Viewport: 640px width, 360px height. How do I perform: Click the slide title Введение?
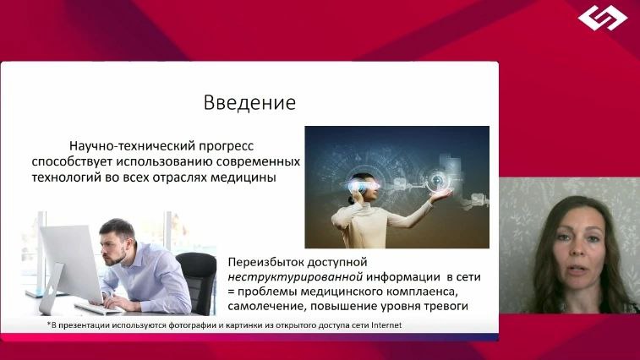(x=249, y=102)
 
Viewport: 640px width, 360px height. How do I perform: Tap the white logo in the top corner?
(x=603, y=18)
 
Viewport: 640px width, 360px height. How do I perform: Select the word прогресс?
(x=227, y=147)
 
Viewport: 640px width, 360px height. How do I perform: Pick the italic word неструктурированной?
(x=295, y=277)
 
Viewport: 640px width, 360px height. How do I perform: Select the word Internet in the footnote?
(x=386, y=325)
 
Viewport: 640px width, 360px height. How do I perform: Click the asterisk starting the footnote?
(x=49, y=324)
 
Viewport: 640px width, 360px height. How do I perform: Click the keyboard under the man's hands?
(x=96, y=308)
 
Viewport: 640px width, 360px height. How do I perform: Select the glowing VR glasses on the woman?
(x=364, y=186)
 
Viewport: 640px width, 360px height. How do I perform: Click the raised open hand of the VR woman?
(x=440, y=195)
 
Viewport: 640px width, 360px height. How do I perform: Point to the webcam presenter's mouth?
(x=576, y=270)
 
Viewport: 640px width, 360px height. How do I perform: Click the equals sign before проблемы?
(x=231, y=292)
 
